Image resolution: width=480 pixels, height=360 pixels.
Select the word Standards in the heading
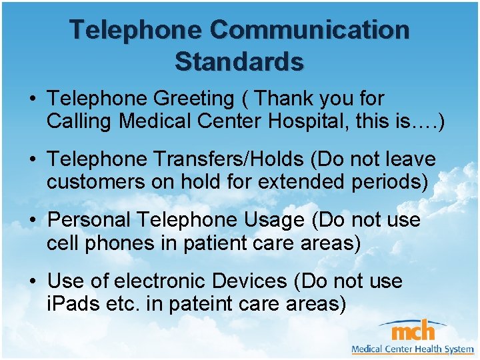[x=239, y=61]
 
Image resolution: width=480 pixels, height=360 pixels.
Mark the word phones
[x=117, y=243]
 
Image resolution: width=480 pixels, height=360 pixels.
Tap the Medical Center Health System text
[x=412, y=349]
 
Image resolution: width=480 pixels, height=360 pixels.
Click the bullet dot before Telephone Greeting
[x=33, y=99]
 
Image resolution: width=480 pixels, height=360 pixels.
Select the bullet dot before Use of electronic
[x=33, y=281]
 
